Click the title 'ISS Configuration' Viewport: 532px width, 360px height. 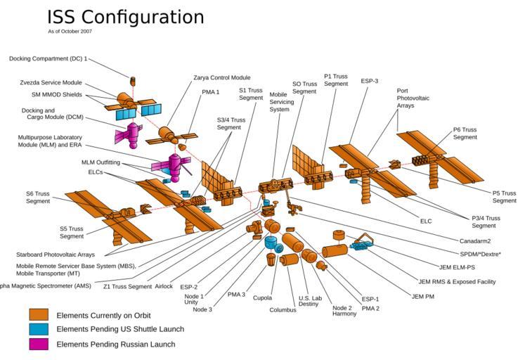125,17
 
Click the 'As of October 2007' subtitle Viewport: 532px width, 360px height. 70,32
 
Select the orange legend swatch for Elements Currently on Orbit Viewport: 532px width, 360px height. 39,315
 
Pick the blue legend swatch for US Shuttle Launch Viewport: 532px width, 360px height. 39,329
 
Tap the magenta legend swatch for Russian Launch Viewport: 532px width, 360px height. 39,344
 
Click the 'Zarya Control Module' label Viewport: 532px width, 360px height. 221,77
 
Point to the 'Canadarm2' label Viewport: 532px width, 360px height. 474,240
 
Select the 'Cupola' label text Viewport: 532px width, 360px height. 262,298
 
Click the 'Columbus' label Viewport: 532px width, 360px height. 283,309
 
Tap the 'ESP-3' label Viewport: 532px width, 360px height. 370,81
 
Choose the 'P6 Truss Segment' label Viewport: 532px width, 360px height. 465,133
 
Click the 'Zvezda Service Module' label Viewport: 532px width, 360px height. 51,82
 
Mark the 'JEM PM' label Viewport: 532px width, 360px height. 423,296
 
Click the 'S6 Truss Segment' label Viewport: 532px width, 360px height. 39,198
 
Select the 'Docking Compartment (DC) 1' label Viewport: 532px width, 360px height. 48,58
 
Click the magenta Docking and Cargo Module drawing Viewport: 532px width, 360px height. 127,131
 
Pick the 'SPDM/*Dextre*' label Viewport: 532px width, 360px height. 480,254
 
